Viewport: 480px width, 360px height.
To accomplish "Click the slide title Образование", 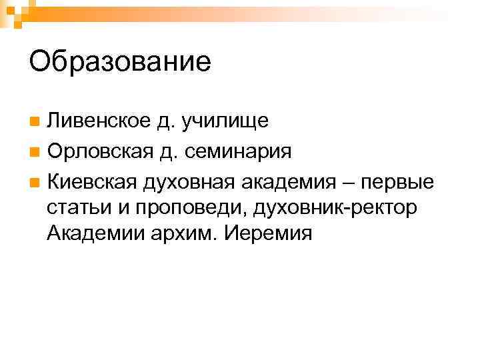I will point(120,62).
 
